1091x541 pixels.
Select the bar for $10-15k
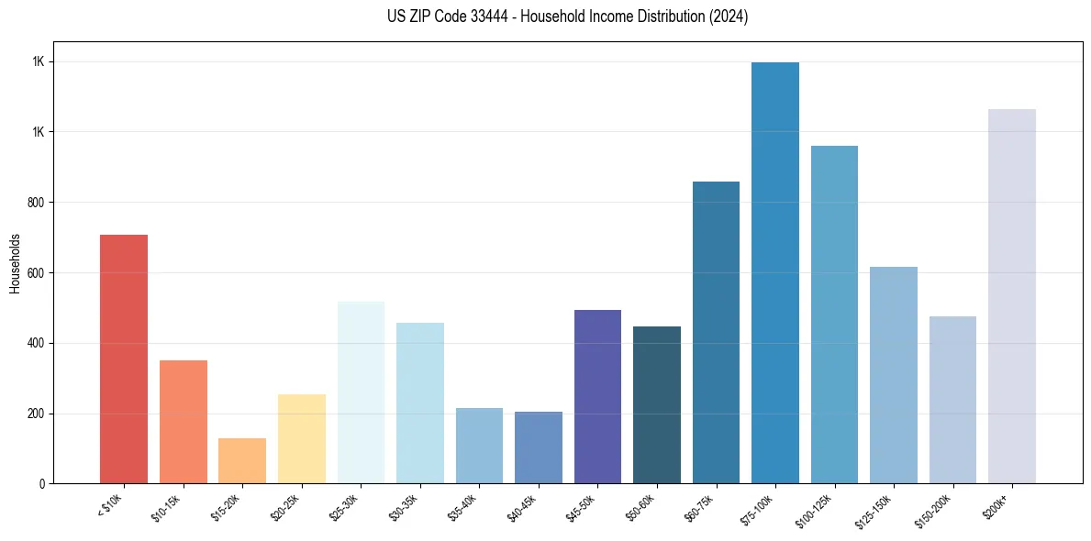pos(184,422)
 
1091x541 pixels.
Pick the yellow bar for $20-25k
pos(302,439)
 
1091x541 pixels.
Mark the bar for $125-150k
pos(894,375)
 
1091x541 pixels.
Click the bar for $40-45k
pos(539,447)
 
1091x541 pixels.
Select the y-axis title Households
pos(16,263)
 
